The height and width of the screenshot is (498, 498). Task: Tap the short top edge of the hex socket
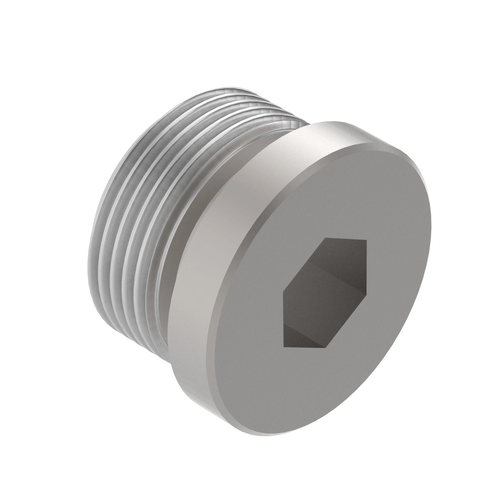pyautogui.click(x=345, y=239)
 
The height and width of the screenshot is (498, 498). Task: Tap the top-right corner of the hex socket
pyautogui.click(x=366, y=241)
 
